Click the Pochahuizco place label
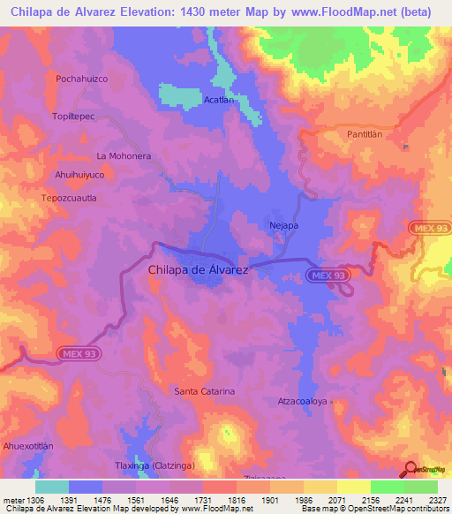[x=81, y=79]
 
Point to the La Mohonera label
[x=124, y=155]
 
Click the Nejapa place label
[x=283, y=225]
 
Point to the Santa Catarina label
[x=205, y=390]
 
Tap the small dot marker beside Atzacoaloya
[x=334, y=402]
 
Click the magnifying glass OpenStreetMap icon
[x=411, y=468]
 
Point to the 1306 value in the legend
[x=28, y=500]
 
